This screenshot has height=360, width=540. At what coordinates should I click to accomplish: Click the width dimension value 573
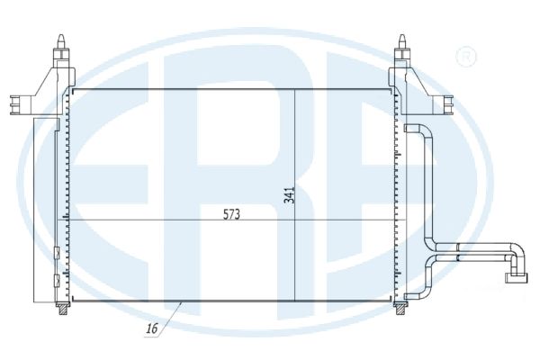pos(231,214)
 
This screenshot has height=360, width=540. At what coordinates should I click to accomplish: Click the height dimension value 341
pos(289,195)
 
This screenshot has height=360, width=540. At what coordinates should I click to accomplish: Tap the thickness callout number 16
pos(152,328)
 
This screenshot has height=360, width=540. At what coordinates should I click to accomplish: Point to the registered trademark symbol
pos(466,57)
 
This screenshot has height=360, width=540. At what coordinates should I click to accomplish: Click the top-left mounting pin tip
pos(61,35)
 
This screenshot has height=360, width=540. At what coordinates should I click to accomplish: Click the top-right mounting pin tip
pos(401,35)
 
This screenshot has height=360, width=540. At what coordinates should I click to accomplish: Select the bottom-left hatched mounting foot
pos(63,309)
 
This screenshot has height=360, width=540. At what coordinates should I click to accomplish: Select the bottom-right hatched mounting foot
pos(400,309)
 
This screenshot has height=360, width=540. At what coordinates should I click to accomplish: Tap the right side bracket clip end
pos(448,104)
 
